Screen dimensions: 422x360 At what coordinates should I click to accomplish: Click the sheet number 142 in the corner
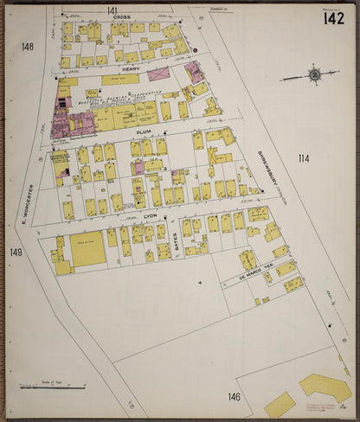point(333,18)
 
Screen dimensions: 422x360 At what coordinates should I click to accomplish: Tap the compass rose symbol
point(314,76)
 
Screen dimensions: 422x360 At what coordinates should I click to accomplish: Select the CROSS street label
point(120,17)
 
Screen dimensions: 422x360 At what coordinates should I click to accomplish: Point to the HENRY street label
point(131,67)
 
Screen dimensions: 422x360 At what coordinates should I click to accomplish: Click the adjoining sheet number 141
point(112,10)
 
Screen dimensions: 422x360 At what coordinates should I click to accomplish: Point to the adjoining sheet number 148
point(29,46)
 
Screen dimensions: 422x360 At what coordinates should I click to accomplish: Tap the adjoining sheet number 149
point(16,252)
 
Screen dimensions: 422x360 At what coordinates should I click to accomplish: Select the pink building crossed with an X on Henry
point(158,74)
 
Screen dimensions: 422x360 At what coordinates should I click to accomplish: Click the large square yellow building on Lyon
point(87,248)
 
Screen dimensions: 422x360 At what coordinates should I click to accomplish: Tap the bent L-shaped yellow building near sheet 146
point(325,387)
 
